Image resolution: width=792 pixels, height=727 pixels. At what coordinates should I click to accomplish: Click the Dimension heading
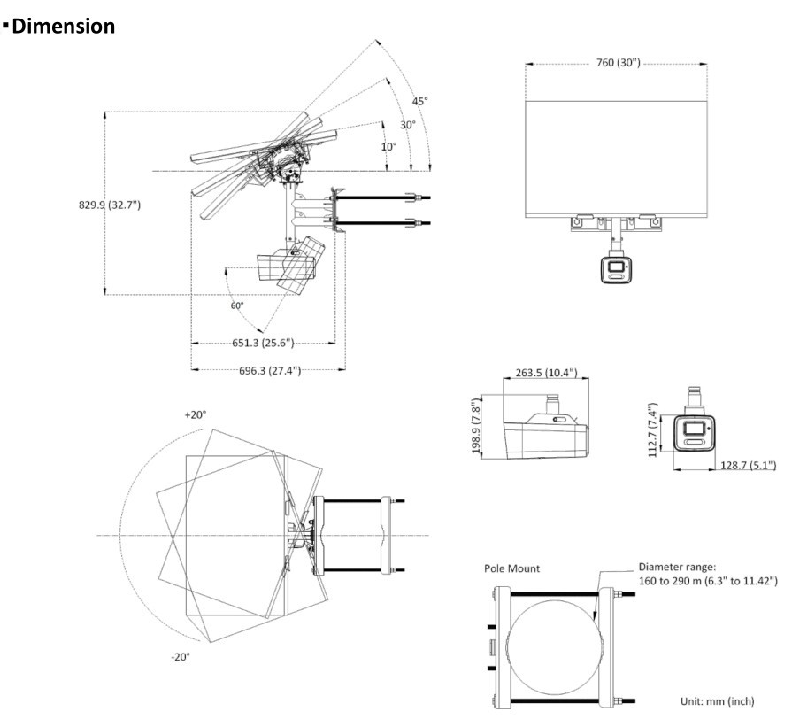click(x=63, y=27)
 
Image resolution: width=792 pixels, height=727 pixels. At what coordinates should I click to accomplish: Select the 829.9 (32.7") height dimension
click(x=110, y=205)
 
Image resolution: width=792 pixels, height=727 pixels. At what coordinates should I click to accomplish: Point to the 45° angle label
click(x=419, y=101)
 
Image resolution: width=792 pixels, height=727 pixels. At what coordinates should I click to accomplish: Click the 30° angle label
click(x=407, y=125)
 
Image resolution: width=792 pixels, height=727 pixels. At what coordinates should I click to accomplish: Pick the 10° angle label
click(x=388, y=147)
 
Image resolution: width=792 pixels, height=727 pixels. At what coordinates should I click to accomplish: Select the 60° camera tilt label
click(x=237, y=305)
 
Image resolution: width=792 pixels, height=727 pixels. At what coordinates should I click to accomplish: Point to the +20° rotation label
click(x=195, y=414)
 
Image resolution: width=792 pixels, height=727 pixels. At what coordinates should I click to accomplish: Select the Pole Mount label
click(x=511, y=568)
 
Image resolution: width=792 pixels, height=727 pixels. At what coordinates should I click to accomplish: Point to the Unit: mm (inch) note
click(x=717, y=700)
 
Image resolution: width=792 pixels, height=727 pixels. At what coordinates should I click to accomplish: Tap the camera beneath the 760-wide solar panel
click(x=616, y=267)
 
